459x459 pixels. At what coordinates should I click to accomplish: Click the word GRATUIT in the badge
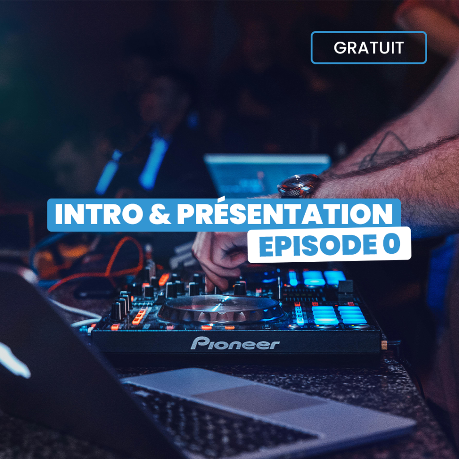click(x=368, y=48)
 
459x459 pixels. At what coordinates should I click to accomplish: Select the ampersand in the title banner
click(x=160, y=214)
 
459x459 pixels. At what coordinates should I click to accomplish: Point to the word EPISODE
click(x=318, y=245)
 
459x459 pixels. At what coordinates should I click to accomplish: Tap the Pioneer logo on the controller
click(x=235, y=343)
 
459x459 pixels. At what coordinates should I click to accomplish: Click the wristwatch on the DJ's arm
click(x=299, y=186)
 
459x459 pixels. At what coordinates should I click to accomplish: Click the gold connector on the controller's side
click(x=384, y=346)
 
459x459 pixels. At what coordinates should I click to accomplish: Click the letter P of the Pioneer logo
click(x=199, y=343)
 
